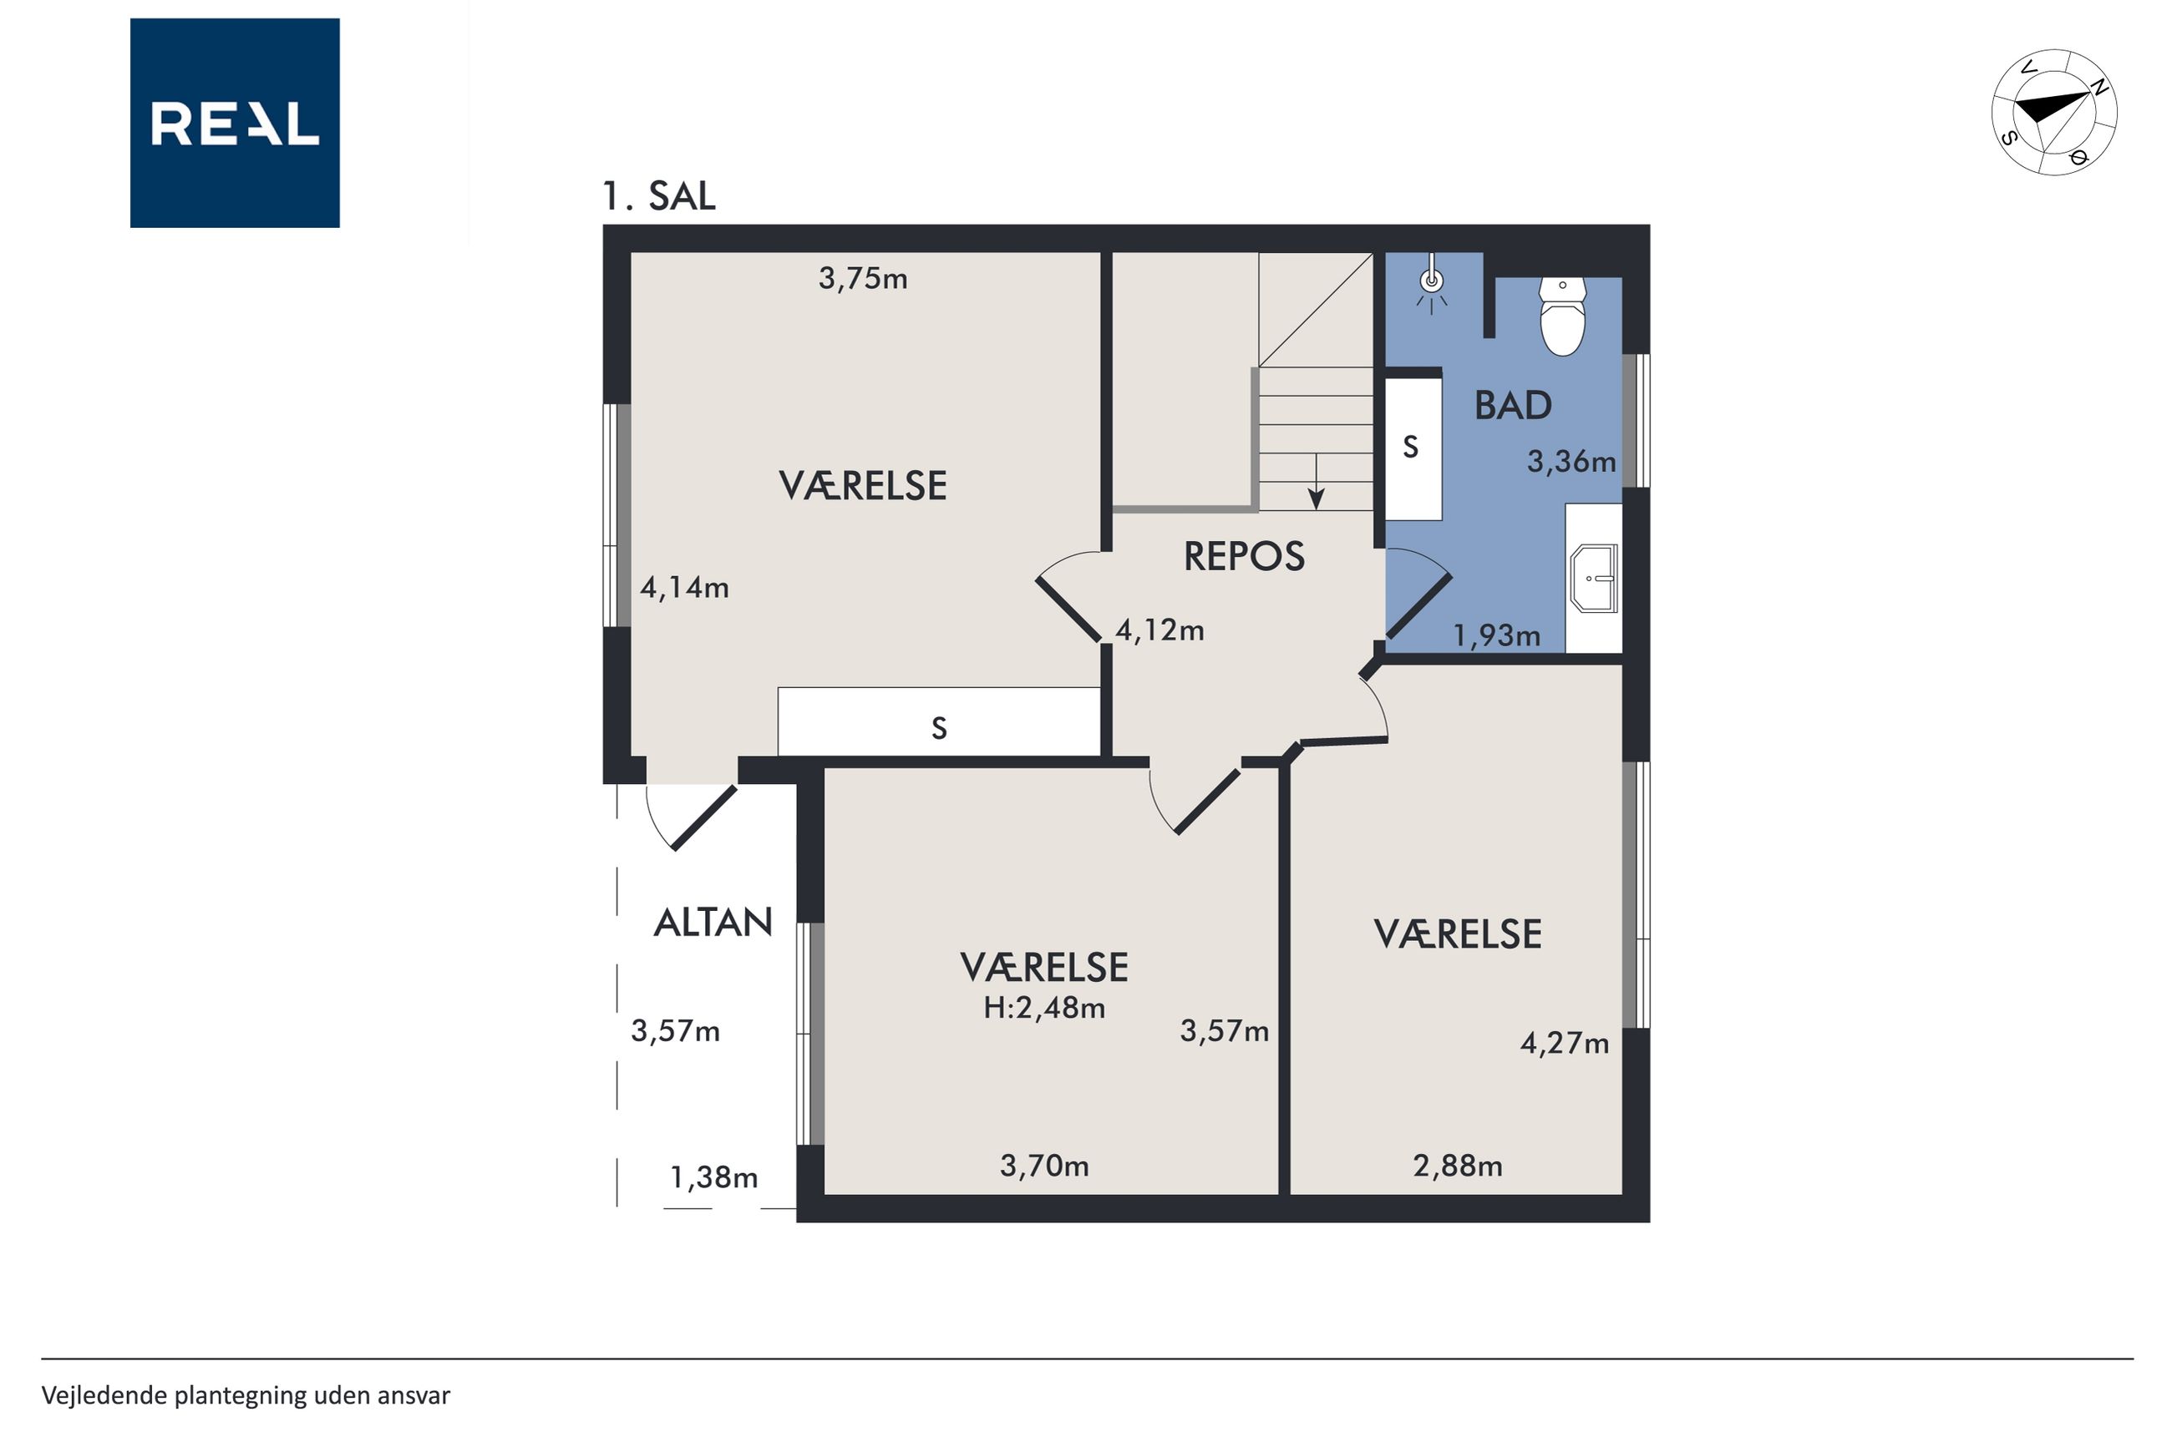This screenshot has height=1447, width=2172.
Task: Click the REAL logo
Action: click(x=235, y=123)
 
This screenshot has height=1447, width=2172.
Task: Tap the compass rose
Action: click(x=2054, y=112)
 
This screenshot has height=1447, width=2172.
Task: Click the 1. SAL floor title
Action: click(x=659, y=196)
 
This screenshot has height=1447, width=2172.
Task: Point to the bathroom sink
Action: click(x=1595, y=579)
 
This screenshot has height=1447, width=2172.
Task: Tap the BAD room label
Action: click(x=1513, y=405)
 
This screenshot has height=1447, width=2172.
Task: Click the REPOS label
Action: click(x=1245, y=556)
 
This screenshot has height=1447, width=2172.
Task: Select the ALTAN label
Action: click(x=713, y=922)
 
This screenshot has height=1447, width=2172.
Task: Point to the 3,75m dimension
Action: click(x=863, y=279)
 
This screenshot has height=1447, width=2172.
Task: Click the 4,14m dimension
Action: click(x=684, y=588)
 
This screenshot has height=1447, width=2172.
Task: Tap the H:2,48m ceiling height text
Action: click(x=1044, y=1008)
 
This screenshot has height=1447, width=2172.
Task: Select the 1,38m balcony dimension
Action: click(x=713, y=1177)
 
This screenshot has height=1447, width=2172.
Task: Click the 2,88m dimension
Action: click(x=1458, y=1166)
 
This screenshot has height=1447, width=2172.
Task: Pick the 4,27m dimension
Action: click(x=1565, y=1044)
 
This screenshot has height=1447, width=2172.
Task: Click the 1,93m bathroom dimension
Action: click(x=1496, y=636)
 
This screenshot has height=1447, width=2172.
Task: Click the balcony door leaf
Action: click(x=704, y=817)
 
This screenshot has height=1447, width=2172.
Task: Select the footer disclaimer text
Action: click(x=246, y=1395)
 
